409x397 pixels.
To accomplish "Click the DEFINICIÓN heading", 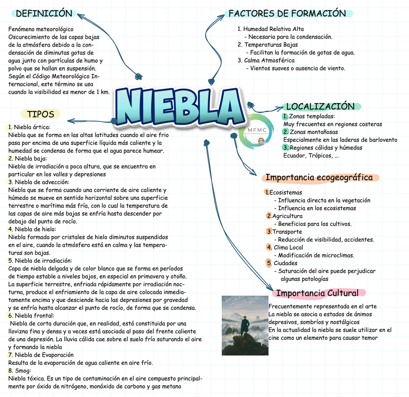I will pyautogui.click(x=44, y=14).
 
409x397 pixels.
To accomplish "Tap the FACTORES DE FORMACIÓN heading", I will pyautogui.click(x=287, y=14).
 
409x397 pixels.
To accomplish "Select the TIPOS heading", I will pyautogui.click(x=41, y=114).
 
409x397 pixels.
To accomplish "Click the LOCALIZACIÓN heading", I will pyautogui.click(x=320, y=106).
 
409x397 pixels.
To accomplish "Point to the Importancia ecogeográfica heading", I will pyautogui.click(x=319, y=177).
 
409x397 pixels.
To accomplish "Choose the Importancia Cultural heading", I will pyautogui.click(x=317, y=293).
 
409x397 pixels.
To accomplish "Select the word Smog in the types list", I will pyautogui.click(x=23, y=371).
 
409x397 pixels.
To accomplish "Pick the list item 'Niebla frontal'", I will pyautogui.click(x=34, y=316).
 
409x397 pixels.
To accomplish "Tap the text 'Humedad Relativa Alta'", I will pyautogui.click(x=273, y=29).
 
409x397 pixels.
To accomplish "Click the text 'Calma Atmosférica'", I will pyautogui.click(x=269, y=60).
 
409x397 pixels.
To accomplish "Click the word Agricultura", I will pyautogui.click(x=287, y=216).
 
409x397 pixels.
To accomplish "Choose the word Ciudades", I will pyautogui.click(x=286, y=263).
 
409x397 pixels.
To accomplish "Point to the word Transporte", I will pyautogui.click(x=287, y=232).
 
